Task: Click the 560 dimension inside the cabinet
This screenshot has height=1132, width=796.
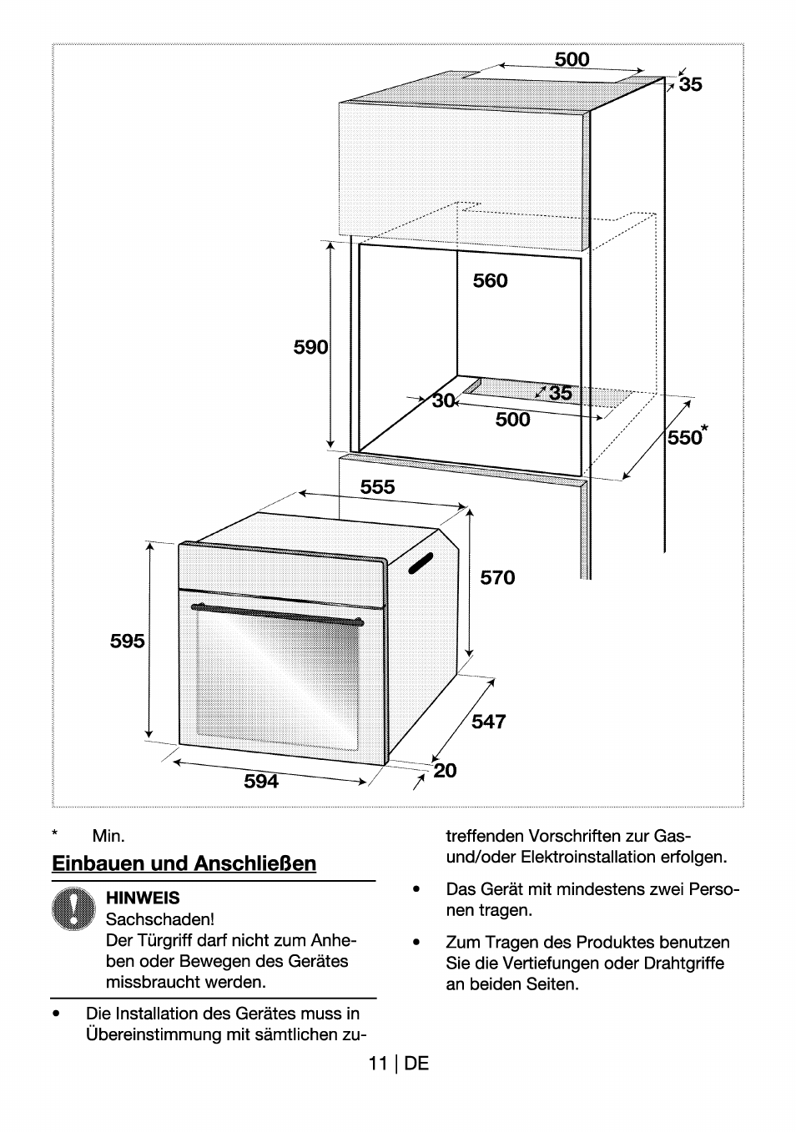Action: pos(490,281)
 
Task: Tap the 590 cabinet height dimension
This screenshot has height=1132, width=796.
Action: pos(310,347)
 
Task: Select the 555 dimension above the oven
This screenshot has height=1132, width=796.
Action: pos(377,486)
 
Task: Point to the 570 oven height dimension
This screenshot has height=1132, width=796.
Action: pos(497,577)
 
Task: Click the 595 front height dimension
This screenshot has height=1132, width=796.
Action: pos(128,641)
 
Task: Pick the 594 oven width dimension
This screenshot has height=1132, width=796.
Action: pos(261,782)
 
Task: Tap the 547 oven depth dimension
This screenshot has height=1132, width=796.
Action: pos(488,721)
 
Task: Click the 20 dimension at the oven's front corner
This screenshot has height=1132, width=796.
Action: pos(446,770)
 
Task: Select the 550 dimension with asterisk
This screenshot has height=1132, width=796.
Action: pos(687,437)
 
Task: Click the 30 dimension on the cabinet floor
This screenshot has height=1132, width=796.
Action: pos(443,400)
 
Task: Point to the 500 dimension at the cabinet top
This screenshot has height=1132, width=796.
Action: pos(572,59)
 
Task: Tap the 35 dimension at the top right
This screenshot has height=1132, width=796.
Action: pos(690,84)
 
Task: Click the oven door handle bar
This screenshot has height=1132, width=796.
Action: pos(277,614)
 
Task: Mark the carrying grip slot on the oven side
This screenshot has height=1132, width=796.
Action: pos(421,564)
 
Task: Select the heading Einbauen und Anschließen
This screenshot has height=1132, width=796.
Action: pos(184,863)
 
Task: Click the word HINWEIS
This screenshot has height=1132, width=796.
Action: pos(143,898)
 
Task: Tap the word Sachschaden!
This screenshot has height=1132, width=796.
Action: pos(160,919)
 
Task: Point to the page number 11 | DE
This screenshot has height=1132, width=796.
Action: pos(398,1063)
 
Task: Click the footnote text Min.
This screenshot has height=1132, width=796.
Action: pos(108,836)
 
